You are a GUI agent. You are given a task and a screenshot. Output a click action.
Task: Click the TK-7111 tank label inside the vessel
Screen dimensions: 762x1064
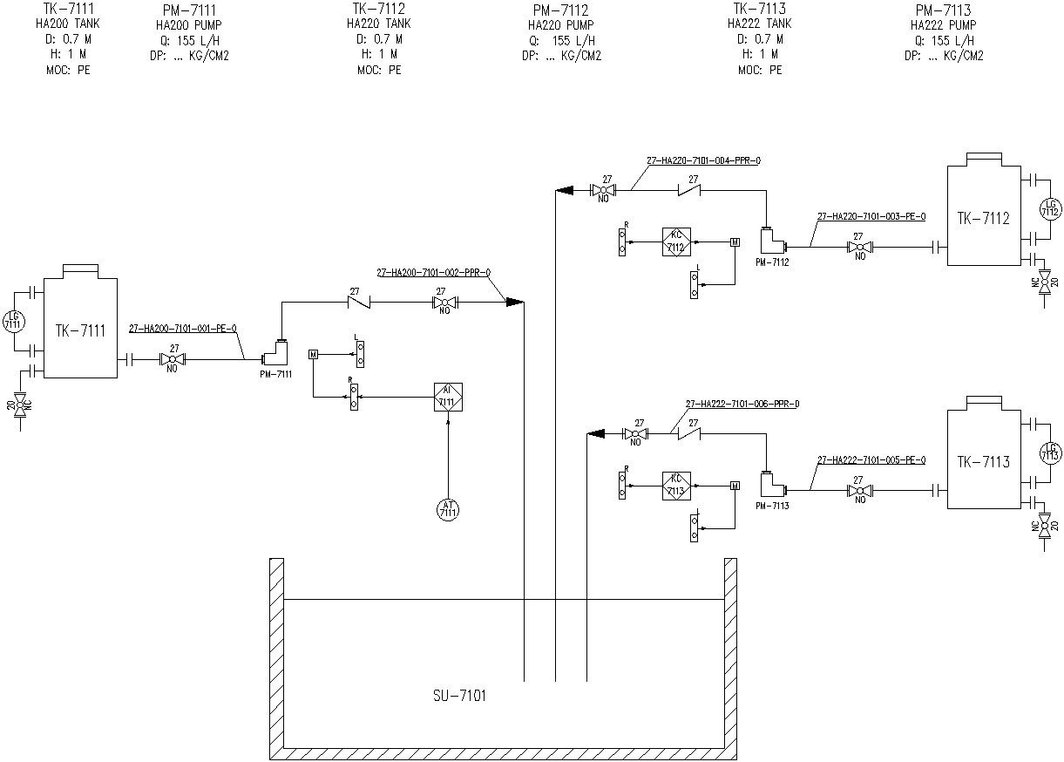click(80, 330)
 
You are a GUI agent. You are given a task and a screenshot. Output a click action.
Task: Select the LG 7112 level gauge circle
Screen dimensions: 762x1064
click(1049, 208)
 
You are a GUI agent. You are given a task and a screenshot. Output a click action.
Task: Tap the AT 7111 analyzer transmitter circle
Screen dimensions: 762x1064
click(448, 509)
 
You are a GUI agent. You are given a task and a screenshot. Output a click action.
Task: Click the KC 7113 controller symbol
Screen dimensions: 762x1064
click(676, 485)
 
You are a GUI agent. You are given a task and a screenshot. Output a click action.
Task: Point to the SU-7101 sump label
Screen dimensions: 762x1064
click(459, 696)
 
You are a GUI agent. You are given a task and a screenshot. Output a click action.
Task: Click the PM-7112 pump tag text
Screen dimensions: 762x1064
click(771, 262)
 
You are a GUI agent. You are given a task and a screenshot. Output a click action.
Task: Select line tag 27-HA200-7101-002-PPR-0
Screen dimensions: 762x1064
click(433, 273)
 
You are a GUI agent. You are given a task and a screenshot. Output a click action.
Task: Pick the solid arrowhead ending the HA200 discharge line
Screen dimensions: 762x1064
click(515, 302)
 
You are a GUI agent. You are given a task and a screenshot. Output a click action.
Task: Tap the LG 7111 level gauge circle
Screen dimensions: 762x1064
click(12, 321)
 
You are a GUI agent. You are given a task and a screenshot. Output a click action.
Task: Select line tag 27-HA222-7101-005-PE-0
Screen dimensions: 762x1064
click(871, 459)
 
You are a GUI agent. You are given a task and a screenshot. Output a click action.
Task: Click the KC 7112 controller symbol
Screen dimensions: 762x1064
click(676, 242)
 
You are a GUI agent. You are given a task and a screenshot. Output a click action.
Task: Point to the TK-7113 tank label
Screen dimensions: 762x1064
click(983, 462)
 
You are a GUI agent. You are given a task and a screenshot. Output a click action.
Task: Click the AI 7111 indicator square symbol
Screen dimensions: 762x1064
click(448, 397)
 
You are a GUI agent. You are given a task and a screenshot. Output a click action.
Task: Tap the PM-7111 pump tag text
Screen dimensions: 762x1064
click(275, 374)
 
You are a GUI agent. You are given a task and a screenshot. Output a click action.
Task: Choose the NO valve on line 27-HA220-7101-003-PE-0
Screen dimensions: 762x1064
click(860, 247)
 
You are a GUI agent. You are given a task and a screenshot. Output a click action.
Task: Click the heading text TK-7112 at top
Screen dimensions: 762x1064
click(379, 9)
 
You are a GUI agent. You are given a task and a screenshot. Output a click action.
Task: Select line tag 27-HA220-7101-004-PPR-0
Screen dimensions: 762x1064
click(703, 160)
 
